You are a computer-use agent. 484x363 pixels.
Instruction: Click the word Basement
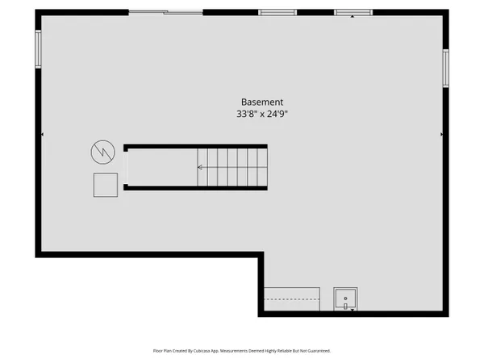262,102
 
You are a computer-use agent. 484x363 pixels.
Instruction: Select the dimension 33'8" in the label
247,114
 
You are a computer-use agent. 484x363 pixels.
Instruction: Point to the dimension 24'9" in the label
277,114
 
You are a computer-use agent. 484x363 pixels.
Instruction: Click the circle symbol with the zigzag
102,152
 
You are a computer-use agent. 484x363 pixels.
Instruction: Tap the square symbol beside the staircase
106,185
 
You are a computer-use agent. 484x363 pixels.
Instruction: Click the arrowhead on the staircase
200,167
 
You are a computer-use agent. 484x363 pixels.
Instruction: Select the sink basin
345,298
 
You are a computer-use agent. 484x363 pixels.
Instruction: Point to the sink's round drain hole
345,298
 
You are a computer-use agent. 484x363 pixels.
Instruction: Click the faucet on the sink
345,307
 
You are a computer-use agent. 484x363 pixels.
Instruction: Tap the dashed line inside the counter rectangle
292,298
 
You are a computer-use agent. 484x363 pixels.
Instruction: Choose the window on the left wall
38,49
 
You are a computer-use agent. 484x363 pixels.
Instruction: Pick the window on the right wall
446,68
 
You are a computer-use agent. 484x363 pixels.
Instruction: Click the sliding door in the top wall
165,12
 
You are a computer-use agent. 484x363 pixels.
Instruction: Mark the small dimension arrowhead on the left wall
42,134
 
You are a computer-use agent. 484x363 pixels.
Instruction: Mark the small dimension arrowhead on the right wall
442,134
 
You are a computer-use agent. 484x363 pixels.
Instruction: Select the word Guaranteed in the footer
320,351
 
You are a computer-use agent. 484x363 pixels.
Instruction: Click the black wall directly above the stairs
195,146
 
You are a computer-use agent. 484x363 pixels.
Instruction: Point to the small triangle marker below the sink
353,310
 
